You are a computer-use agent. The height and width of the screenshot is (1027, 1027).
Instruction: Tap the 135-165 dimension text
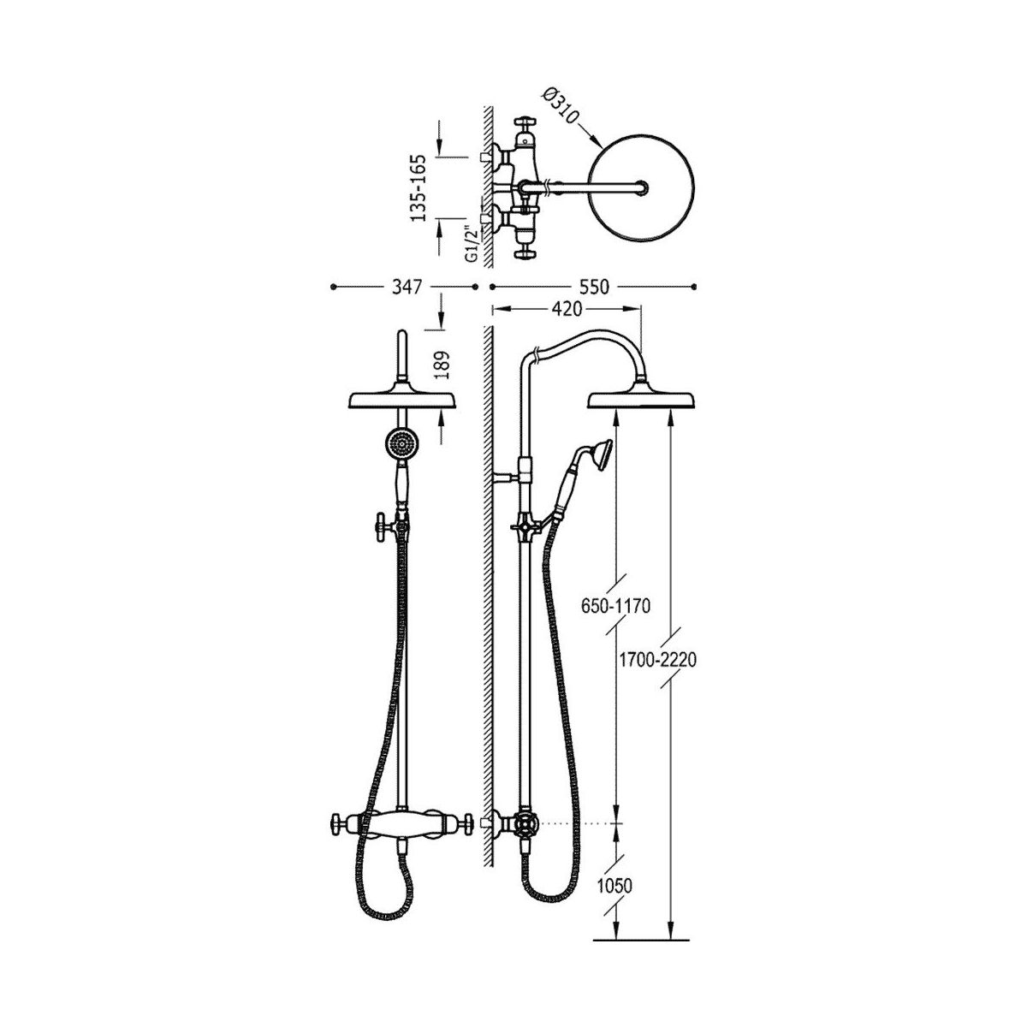[x=420, y=188]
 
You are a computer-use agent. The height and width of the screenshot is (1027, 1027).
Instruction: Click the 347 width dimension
[x=407, y=288]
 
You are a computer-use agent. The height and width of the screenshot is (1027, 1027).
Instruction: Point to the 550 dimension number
[x=593, y=288]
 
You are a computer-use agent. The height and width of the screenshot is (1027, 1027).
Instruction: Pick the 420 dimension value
[x=566, y=309]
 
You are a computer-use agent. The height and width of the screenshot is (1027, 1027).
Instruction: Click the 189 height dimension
[x=442, y=365]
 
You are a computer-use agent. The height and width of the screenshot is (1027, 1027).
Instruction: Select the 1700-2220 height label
[x=657, y=661]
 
